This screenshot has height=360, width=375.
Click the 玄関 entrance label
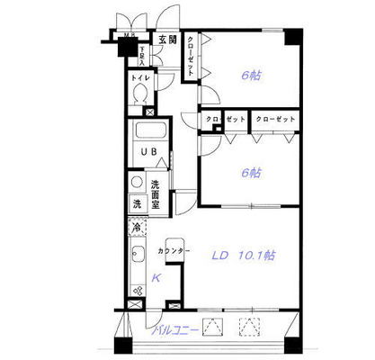(167, 40)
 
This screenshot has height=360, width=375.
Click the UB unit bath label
(147, 152)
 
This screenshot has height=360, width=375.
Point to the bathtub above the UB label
(149, 134)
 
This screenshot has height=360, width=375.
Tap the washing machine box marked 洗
(138, 204)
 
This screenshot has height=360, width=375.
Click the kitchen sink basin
(138, 263)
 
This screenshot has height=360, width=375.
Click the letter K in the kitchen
(156, 278)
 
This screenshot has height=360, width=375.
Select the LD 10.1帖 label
(243, 256)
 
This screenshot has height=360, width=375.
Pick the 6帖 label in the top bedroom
(251, 76)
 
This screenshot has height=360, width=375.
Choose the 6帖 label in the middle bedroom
(251, 172)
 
